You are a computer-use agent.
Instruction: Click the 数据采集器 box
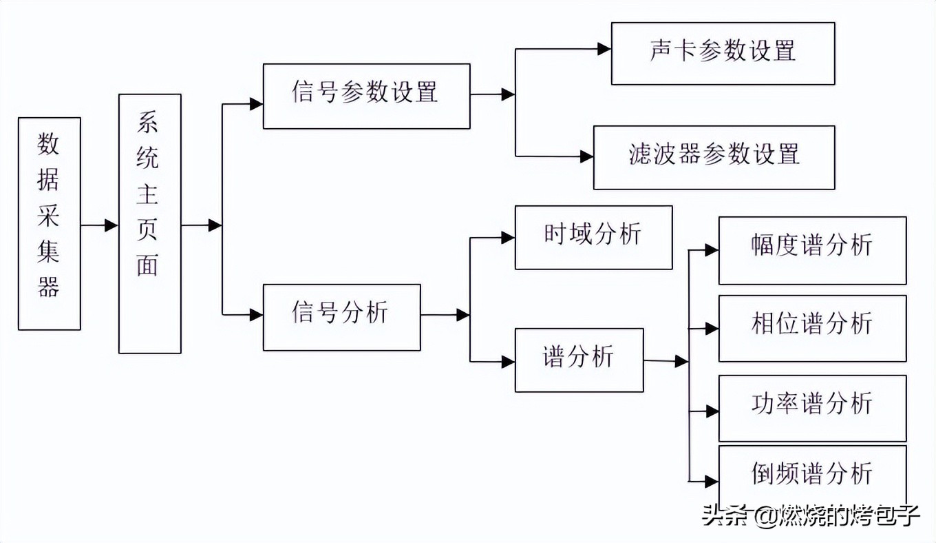tap(50, 223)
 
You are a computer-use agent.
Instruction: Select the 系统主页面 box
tap(149, 223)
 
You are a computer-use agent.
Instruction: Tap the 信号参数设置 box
tap(366, 96)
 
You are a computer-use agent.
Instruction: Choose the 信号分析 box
tap(341, 317)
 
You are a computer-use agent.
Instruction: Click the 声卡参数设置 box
tap(723, 53)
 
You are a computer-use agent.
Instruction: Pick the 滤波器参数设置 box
tap(714, 157)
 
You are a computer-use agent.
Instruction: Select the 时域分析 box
tap(593, 237)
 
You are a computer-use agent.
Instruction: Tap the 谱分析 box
tap(579, 360)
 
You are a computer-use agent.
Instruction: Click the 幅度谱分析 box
tap(812, 250)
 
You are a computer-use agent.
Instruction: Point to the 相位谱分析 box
tap(812, 328)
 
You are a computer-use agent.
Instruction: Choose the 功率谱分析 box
tap(812, 408)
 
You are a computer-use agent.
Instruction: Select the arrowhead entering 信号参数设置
tap(256, 104)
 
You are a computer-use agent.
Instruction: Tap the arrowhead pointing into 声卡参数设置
tap(604, 49)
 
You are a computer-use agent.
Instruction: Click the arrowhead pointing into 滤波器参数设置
tap(586, 157)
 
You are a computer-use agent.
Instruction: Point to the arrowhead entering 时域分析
tap(508, 238)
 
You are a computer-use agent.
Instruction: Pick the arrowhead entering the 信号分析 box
tap(256, 315)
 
